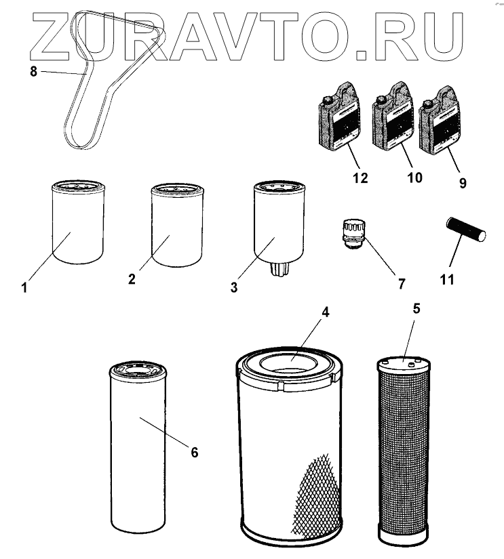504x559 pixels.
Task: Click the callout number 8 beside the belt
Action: click(x=33, y=71)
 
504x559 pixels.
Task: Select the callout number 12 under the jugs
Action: click(x=360, y=178)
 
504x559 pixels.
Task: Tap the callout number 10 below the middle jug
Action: click(x=414, y=177)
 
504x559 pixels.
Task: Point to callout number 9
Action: click(x=463, y=183)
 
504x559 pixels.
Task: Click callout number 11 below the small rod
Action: click(x=447, y=279)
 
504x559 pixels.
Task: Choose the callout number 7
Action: click(x=402, y=284)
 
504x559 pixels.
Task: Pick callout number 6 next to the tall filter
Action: click(x=194, y=452)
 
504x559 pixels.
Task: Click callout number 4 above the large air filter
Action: click(x=325, y=312)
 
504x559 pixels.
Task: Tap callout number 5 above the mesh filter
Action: click(x=416, y=308)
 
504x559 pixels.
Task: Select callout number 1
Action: click(x=24, y=287)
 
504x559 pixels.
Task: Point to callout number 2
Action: click(x=132, y=278)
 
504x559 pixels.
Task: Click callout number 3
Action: click(x=234, y=287)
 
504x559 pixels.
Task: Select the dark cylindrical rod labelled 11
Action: click(x=466, y=230)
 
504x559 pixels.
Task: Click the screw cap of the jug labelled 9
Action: click(x=426, y=104)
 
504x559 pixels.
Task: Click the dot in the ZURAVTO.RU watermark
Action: click(x=362, y=56)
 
